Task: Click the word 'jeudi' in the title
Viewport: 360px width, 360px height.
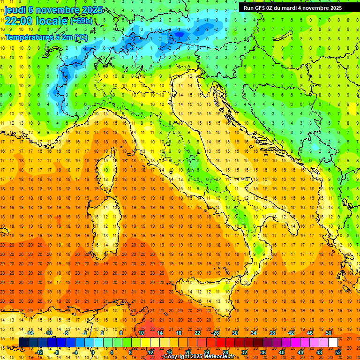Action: tap(15, 9)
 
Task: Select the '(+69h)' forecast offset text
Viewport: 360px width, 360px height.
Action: tap(81, 21)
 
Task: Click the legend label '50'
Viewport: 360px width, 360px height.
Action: tap(329, 333)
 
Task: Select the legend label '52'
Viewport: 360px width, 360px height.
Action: tap(338, 352)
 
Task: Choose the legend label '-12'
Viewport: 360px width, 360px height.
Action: tap(39, 352)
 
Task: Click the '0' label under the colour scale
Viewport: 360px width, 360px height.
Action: tap(93, 352)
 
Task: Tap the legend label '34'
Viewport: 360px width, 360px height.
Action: tap(254, 333)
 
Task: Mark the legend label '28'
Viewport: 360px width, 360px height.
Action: tap(225, 352)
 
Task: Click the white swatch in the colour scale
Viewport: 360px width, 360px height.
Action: tap(333, 343)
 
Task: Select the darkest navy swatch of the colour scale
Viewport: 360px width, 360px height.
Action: tap(23, 343)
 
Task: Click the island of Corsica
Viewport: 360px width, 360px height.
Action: tap(108, 171)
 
